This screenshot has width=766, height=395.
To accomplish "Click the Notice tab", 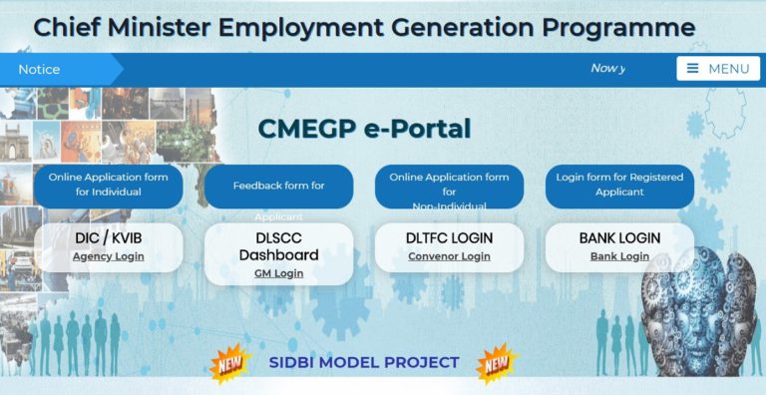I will [x=40, y=69].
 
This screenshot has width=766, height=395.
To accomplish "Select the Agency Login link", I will [x=108, y=256].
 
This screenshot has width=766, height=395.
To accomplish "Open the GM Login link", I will [x=278, y=273].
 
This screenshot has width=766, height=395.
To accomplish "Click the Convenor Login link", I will [x=449, y=256].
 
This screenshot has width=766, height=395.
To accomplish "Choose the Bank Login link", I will [x=619, y=256].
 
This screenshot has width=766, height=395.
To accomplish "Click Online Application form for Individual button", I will [x=109, y=185].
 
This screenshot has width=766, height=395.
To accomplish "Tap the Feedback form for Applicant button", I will [x=278, y=187].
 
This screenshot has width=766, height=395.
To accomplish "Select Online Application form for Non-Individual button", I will [x=449, y=187].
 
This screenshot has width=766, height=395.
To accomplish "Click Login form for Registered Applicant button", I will [x=619, y=185].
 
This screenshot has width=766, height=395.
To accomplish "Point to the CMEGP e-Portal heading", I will [x=364, y=129].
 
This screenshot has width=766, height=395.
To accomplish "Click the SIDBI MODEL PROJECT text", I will [x=364, y=362].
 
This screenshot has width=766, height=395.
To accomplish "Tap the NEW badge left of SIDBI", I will [x=229, y=364].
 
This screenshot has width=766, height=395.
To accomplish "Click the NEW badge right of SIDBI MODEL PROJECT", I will [x=497, y=364].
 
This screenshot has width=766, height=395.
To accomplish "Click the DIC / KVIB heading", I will [x=109, y=238].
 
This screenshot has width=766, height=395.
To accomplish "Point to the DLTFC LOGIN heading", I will [x=449, y=238].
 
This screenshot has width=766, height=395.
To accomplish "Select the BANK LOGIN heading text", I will [x=619, y=238].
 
